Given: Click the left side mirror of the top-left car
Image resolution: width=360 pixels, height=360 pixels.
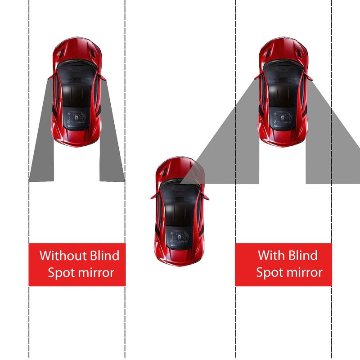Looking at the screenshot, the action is click(x=51, y=77).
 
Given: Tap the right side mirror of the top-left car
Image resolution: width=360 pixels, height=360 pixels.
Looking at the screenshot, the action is click(x=103, y=77).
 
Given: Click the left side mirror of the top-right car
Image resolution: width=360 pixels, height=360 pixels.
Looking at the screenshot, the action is click(x=257, y=77).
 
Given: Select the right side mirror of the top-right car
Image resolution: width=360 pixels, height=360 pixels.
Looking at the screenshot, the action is click(x=309, y=77).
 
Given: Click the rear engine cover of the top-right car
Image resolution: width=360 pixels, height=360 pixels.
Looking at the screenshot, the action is click(x=283, y=119).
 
